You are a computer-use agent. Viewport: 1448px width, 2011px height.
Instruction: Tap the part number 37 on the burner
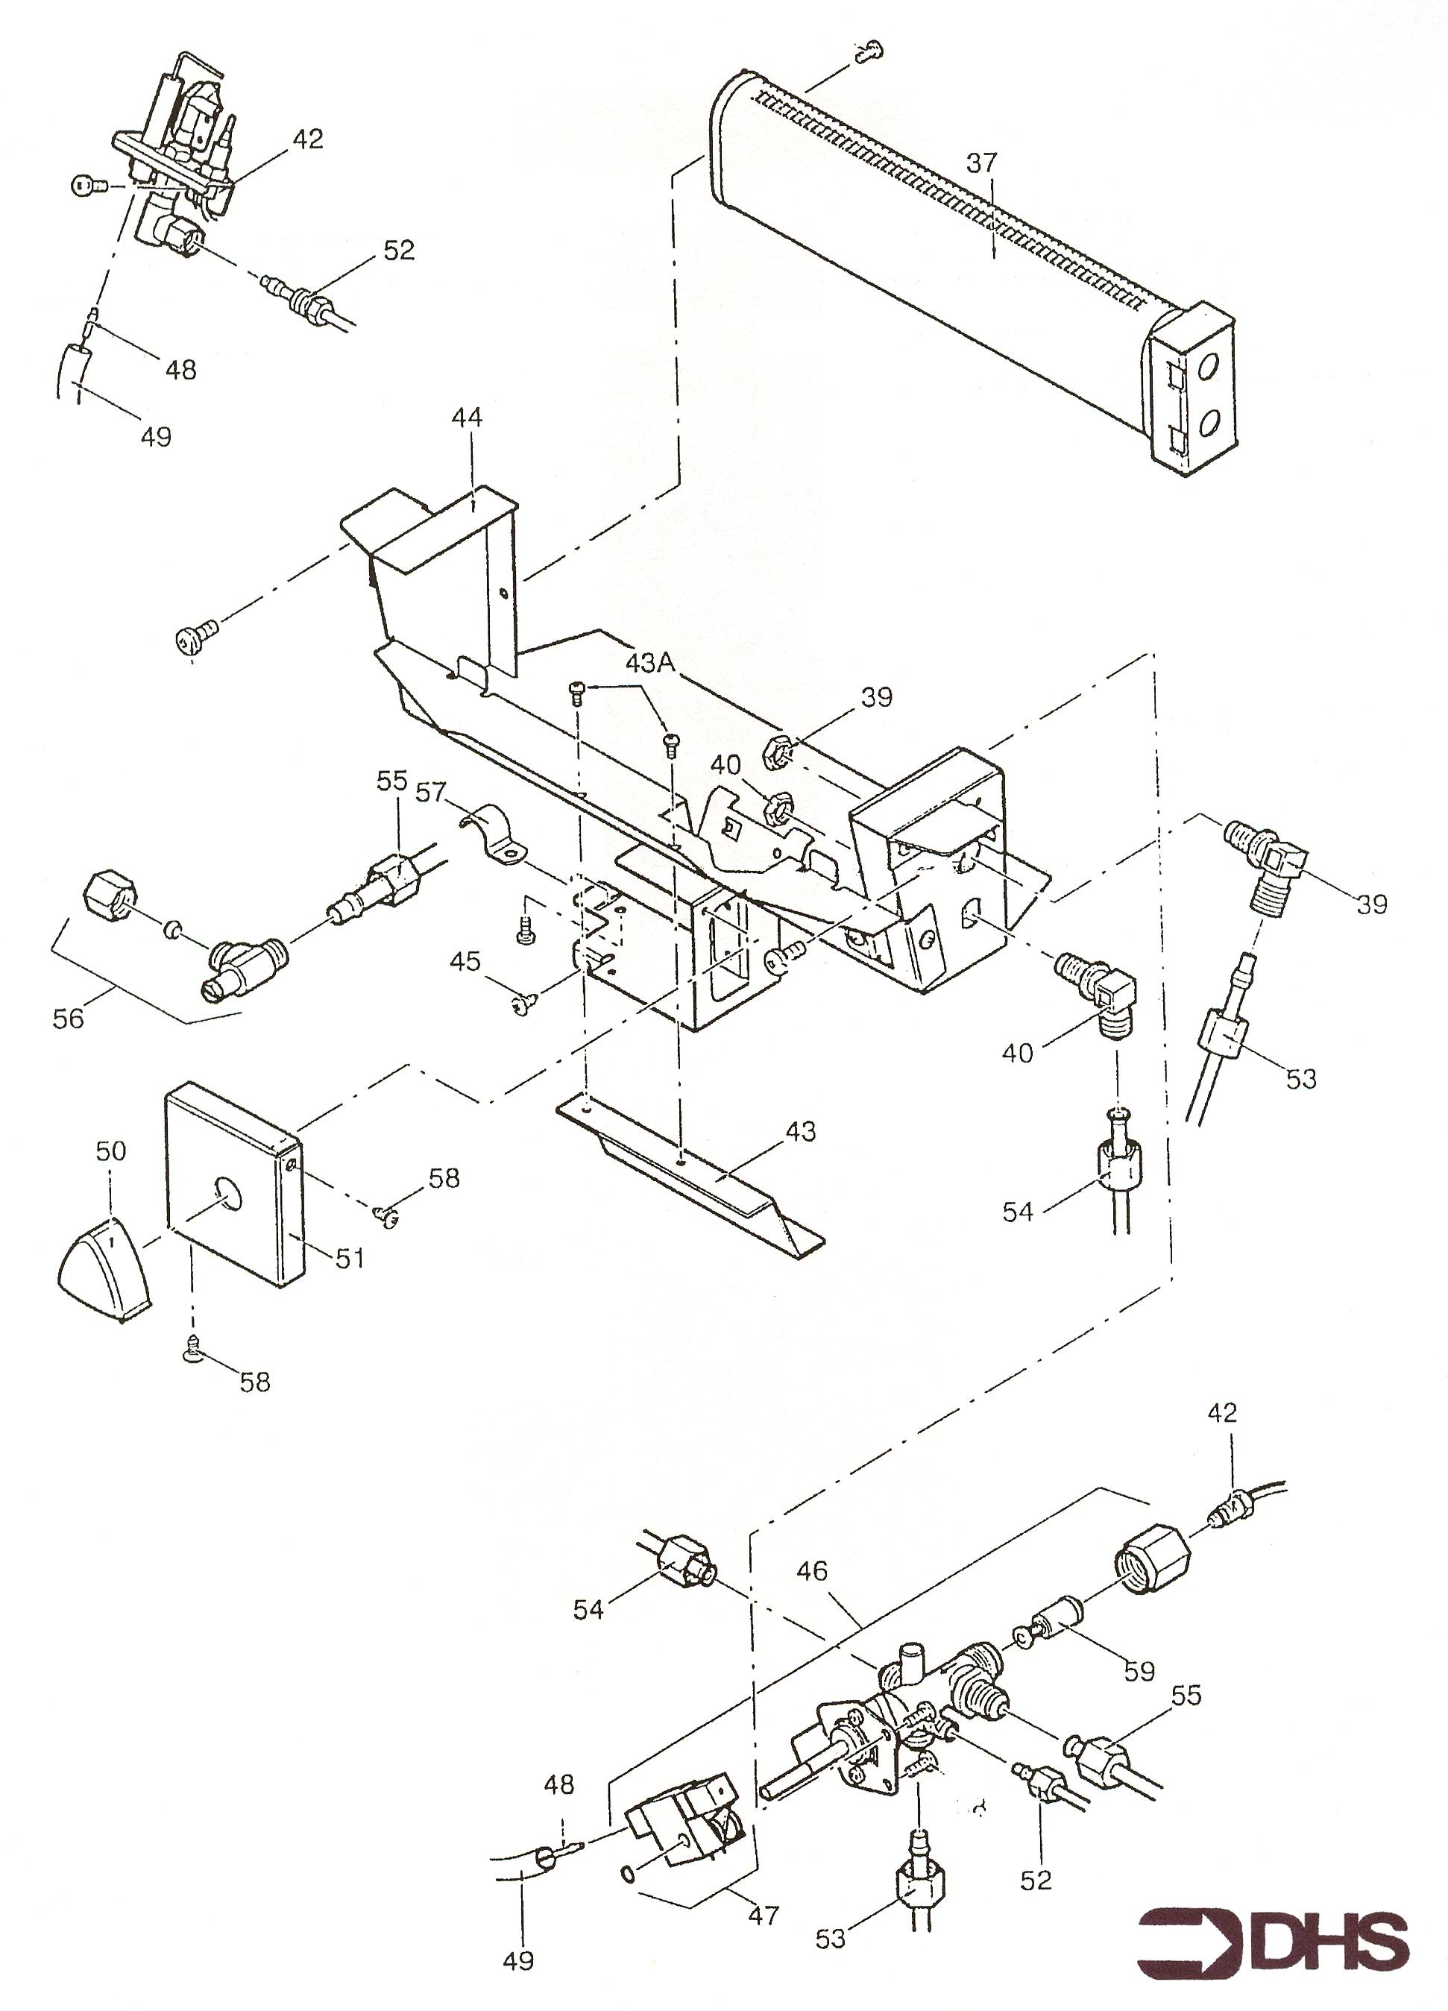981,163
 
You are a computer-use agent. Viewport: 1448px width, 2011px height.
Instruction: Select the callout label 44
468,418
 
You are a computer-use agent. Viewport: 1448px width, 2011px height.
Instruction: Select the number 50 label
111,1151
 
